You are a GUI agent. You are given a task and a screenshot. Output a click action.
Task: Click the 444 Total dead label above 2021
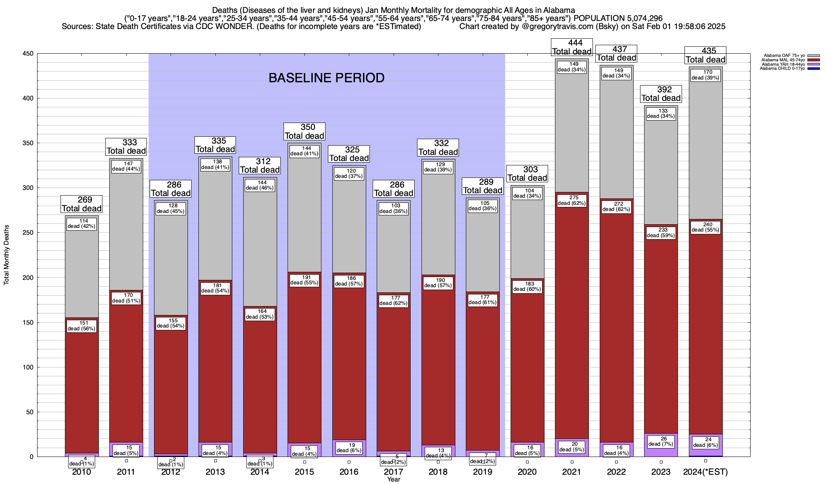click(572, 47)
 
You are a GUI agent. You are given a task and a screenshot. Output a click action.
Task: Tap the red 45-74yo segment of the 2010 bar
click(82, 387)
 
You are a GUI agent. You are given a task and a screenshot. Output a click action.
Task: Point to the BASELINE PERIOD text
click(326, 78)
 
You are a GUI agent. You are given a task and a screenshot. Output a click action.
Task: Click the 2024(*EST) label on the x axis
click(705, 472)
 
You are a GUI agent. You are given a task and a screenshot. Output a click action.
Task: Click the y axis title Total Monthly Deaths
click(6, 255)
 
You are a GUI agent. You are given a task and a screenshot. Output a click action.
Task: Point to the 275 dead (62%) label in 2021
click(572, 200)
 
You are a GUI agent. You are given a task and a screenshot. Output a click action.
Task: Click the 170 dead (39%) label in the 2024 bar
click(705, 75)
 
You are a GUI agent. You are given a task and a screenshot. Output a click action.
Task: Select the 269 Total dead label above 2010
click(81, 204)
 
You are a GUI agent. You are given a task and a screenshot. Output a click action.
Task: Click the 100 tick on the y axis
click(29, 367)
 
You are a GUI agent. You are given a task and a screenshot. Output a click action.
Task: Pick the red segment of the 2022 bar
click(616, 323)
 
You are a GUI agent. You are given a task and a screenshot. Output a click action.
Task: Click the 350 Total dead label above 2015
click(305, 131)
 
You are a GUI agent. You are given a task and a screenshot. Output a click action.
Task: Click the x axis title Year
click(393, 480)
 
